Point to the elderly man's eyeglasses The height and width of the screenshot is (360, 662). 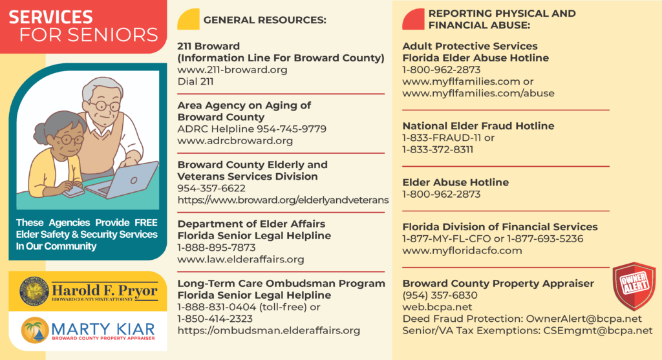[x=105, y=105]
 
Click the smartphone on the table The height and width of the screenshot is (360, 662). [x=74, y=191]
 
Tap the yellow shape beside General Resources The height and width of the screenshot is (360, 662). [x=188, y=20]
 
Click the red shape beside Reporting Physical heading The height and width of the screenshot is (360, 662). [x=413, y=19]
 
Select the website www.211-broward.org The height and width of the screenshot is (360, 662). [x=232, y=70]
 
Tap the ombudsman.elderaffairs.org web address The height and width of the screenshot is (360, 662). [x=268, y=330]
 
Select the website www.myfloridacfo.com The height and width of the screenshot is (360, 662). [x=462, y=250]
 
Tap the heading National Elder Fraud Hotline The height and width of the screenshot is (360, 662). [x=478, y=126]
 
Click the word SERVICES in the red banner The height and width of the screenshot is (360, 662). [x=52, y=17]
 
